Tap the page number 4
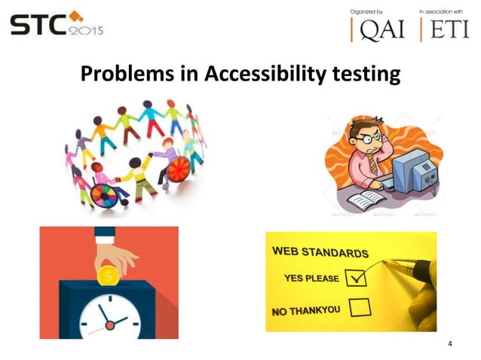click(450, 344)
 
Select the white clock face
click(110, 316)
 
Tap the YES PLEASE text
click(311, 279)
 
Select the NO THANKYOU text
click(308, 310)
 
